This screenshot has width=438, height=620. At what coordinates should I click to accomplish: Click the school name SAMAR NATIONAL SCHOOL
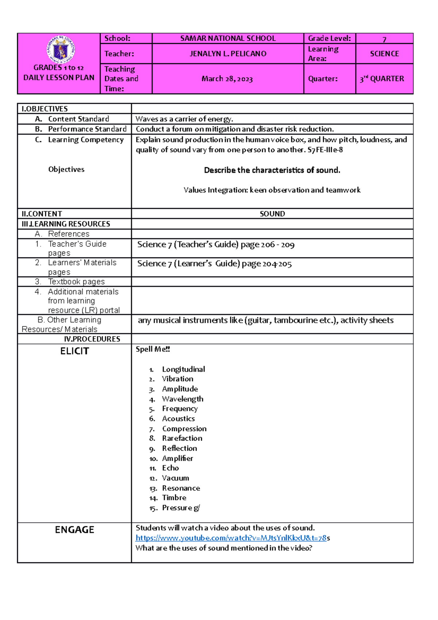coord(228,38)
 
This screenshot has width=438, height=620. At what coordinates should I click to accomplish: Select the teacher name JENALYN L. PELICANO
coord(228,54)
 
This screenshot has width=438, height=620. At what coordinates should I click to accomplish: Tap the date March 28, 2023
coord(227,79)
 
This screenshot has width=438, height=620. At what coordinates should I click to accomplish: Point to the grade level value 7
coord(384,39)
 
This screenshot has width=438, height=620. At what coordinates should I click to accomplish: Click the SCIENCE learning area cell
coord(384,54)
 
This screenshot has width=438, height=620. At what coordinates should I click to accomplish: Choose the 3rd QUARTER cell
coord(382,79)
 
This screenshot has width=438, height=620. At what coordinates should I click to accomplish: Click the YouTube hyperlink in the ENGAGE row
coord(231,538)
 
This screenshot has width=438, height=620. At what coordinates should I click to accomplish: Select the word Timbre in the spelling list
coord(174,498)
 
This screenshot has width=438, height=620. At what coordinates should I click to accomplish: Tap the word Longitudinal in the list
coord(183,369)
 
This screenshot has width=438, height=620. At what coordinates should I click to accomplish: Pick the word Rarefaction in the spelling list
coord(182,438)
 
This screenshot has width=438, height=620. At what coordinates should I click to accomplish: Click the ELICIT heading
coord(74,351)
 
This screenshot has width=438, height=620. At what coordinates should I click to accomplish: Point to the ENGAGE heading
coord(74,530)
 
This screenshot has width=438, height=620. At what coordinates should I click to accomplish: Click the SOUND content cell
coord(272,214)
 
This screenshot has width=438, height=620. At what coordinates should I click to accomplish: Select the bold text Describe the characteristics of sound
coord(272,170)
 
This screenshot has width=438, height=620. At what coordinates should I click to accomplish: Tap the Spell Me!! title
coord(153,349)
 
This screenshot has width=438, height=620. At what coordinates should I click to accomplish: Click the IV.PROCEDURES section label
coord(92,339)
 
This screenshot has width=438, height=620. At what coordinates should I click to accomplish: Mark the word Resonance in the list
coord(181,488)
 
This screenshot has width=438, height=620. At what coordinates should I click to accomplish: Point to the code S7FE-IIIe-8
coord(325,150)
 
